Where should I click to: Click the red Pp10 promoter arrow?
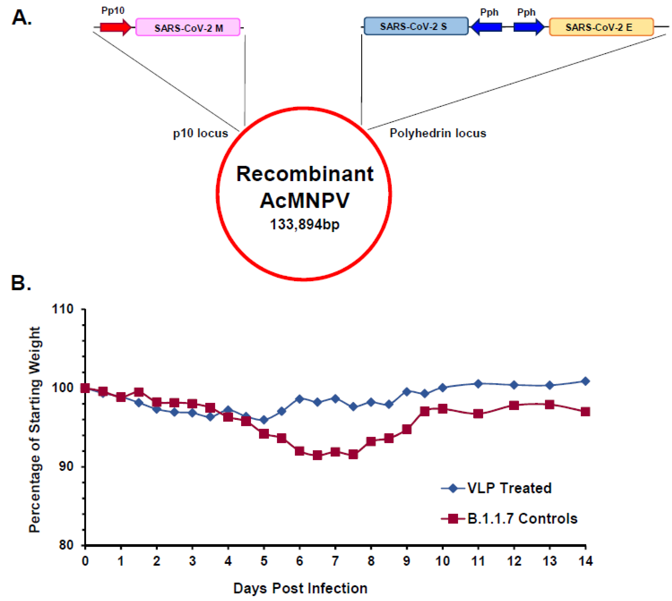click(116, 27)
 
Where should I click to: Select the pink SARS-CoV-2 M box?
click(188, 27)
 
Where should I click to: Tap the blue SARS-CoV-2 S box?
click(416, 26)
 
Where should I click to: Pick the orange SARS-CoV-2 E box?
click(601, 27)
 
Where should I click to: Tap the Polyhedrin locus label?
click(438, 133)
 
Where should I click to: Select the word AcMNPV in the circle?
click(304, 200)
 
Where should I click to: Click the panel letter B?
click(20, 283)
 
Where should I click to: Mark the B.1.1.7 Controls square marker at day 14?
click(585, 412)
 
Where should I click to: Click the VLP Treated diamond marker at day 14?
click(585, 381)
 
